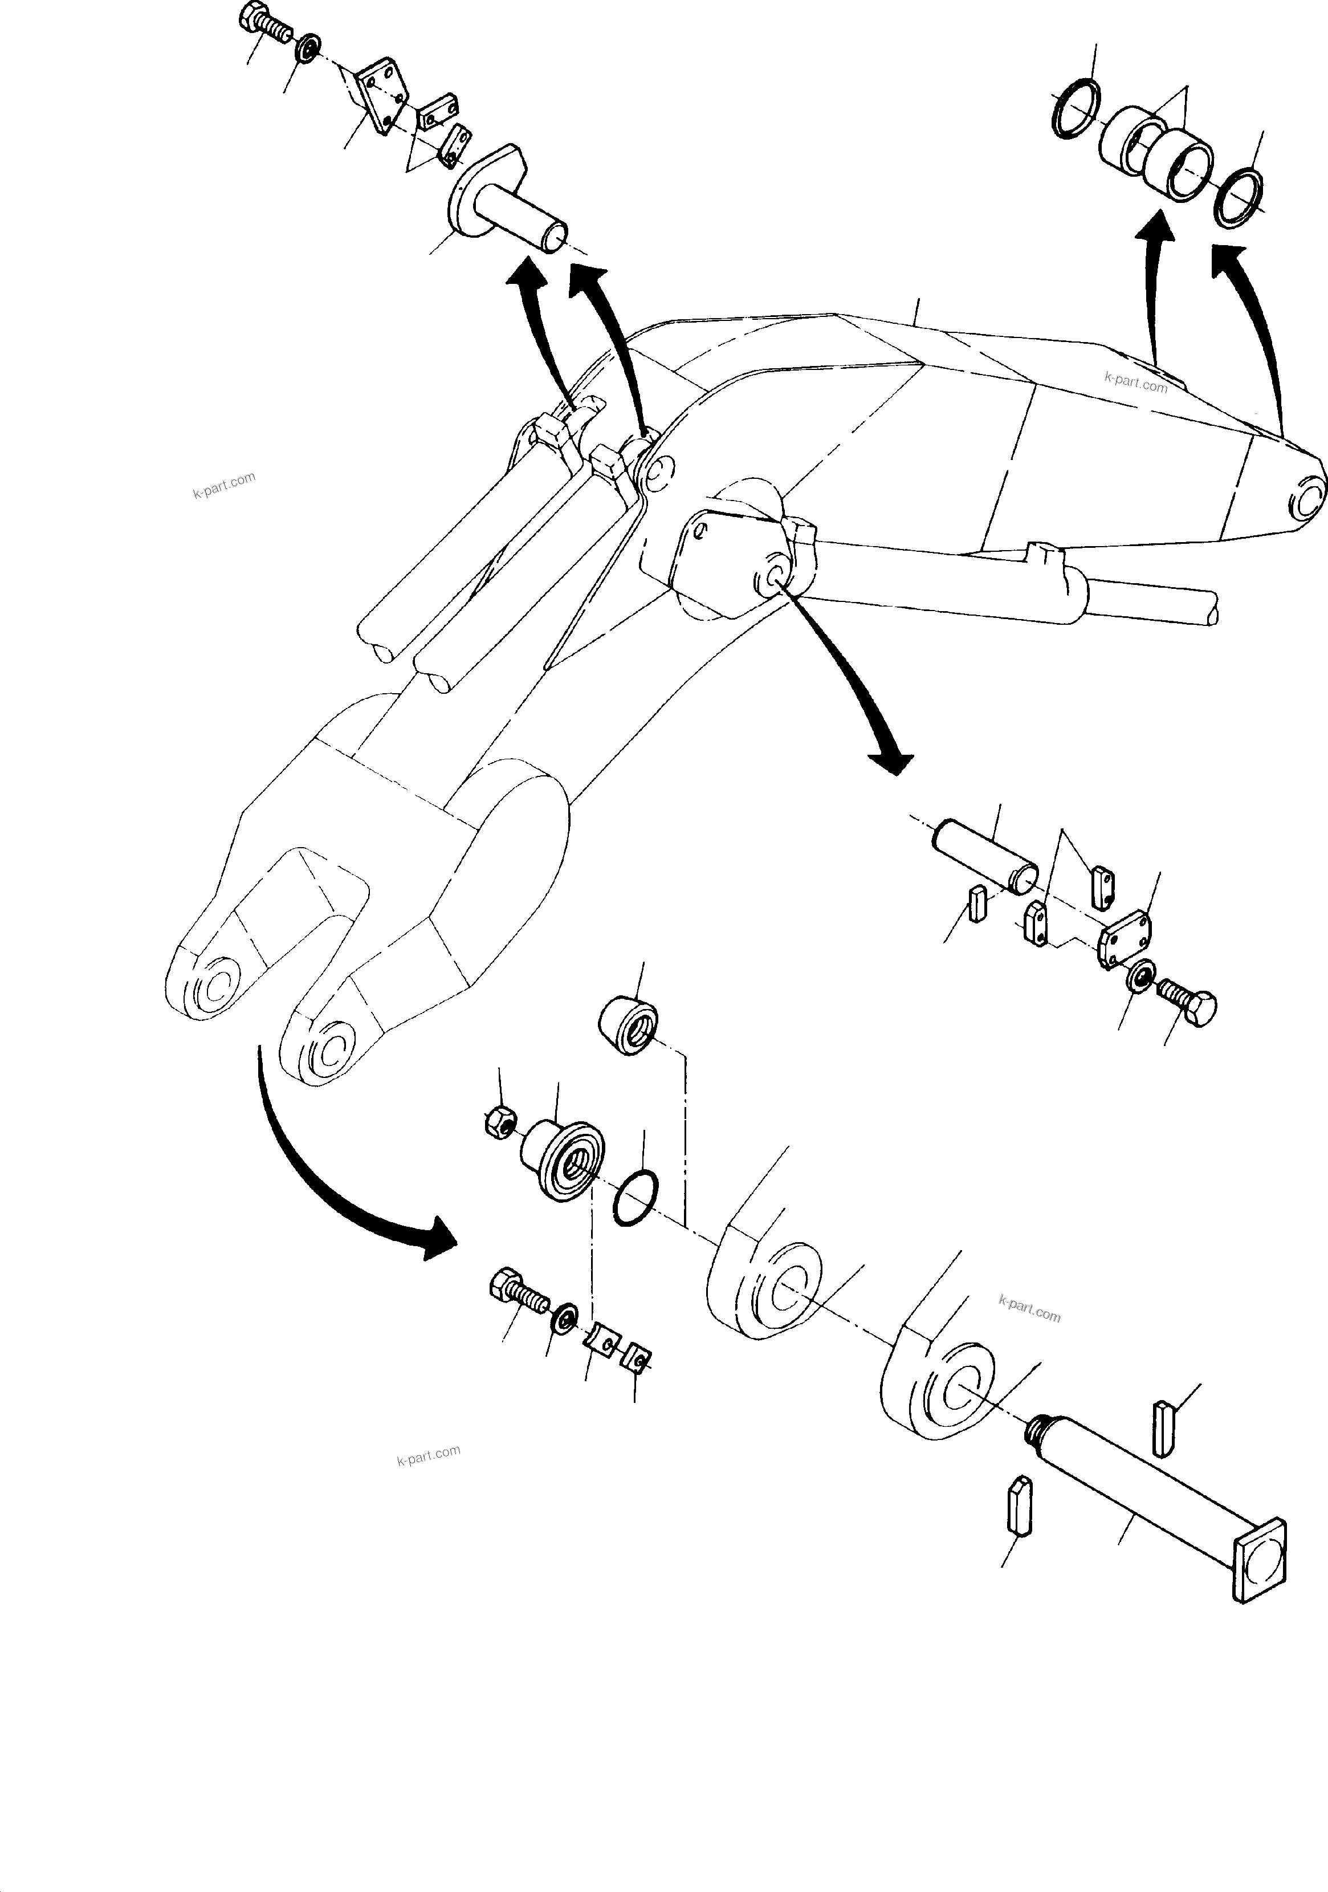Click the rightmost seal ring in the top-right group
[1240, 198]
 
